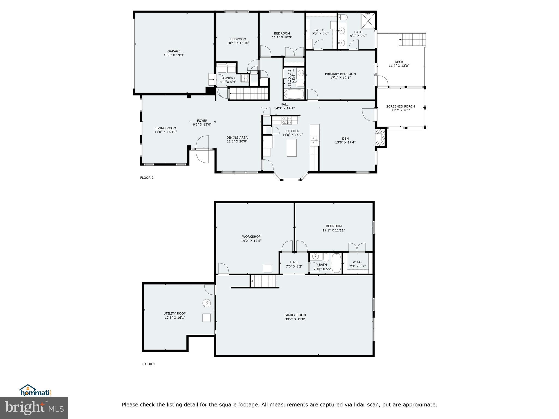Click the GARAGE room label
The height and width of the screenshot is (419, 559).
coord(174,51)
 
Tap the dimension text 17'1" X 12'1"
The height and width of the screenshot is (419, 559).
coord(340,78)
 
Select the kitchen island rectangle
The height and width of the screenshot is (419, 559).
coord(292,148)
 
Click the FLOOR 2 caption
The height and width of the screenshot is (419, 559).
coord(147,178)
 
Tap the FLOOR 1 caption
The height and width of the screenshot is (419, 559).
coord(148,364)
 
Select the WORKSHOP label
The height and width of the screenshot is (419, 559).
coord(251,237)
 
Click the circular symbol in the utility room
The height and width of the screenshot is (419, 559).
coord(207,303)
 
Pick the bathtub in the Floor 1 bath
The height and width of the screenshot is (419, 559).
coord(337,263)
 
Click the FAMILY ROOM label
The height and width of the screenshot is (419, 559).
coord(295,315)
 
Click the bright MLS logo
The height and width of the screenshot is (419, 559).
coord(34,408)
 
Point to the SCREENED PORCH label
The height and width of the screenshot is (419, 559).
coord(400,106)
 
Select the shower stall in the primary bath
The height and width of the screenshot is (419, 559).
coord(368,21)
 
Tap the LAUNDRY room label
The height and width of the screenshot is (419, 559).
coord(228,78)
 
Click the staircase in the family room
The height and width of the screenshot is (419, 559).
coord(263,281)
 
